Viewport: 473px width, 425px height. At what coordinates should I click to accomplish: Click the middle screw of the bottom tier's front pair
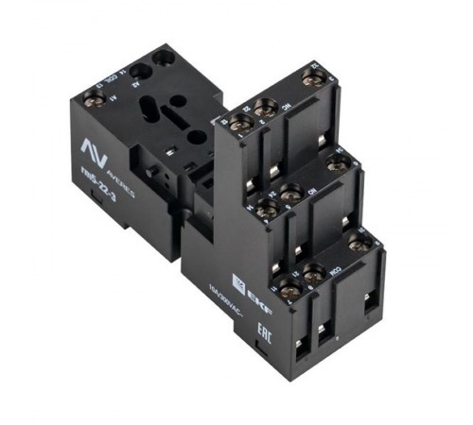pos(313,274)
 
